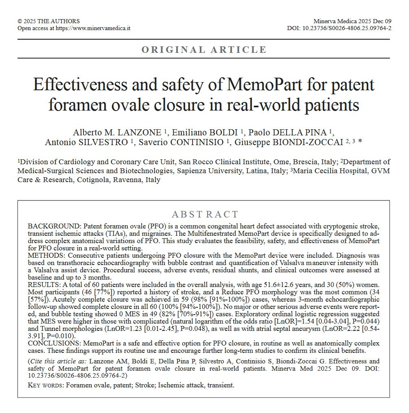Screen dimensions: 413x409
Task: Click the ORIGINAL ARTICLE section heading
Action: coord(204,50)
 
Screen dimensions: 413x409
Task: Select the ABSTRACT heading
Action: coord(205,215)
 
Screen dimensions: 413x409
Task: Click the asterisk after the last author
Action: coord(360,141)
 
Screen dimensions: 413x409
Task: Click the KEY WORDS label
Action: coord(45,385)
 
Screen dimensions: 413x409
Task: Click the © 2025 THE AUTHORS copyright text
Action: coord(49,21)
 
